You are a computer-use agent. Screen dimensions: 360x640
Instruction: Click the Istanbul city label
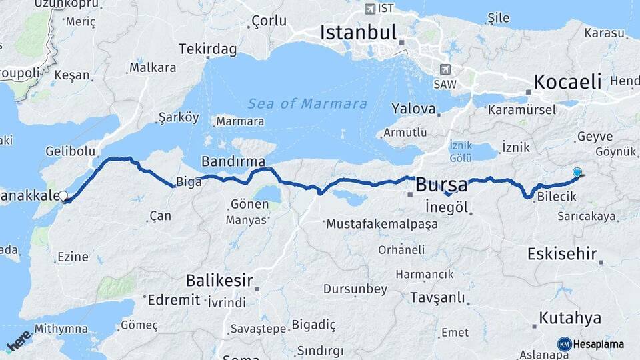358,32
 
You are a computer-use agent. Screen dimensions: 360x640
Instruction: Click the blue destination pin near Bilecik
577,173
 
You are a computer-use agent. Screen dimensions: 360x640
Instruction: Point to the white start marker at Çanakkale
64,196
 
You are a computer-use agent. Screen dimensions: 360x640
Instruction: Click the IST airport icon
370,9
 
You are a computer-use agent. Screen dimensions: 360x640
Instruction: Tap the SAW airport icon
445,69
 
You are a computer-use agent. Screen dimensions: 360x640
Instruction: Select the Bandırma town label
233,161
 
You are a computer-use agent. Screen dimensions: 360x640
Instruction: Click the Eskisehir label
561,253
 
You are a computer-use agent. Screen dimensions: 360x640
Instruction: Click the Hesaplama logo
591,344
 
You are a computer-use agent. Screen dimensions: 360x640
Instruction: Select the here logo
18,340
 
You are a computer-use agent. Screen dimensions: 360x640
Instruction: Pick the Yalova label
413,109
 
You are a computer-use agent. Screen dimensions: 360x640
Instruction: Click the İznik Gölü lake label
461,150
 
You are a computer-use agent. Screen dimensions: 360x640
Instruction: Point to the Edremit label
173,299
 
